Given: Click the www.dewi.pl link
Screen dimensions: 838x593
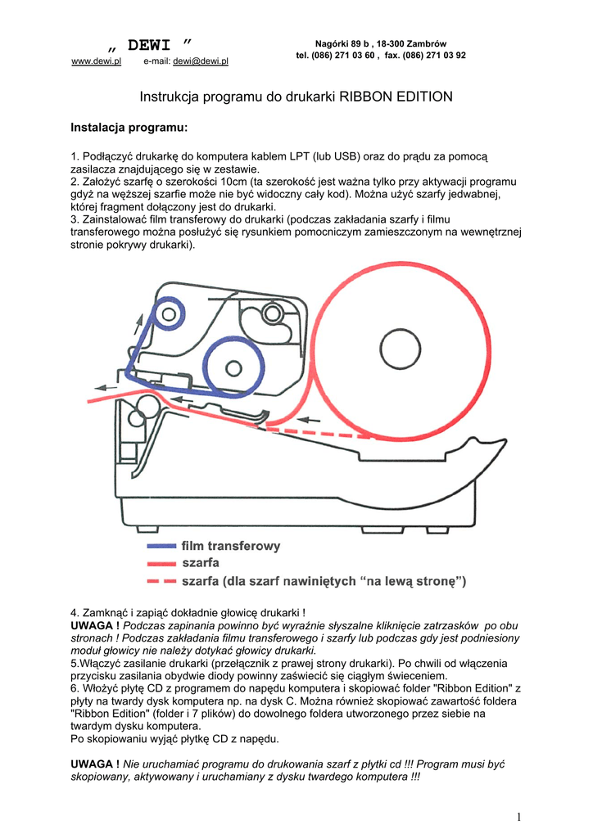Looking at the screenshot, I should click(97, 61).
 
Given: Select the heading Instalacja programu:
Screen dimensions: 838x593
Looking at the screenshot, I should click(129, 128).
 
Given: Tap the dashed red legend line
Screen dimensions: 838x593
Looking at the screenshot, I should click(161, 582).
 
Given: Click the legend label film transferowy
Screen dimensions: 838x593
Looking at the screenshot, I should click(231, 545).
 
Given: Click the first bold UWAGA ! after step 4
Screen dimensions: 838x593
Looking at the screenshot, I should click(95, 624).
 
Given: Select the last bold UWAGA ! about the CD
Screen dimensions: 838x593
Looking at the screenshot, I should click(95, 764).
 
